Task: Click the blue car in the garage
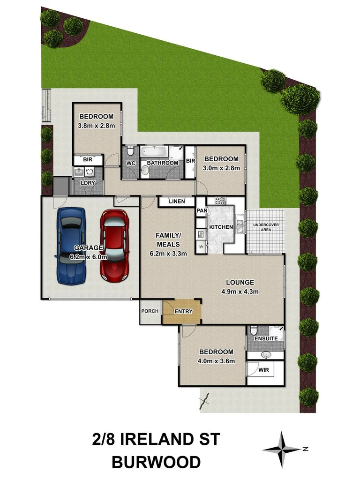pos(71,245)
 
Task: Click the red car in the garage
pos(114,245)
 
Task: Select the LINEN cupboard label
pos(177,202)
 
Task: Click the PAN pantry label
pos(202,211)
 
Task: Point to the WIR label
pos(264,370)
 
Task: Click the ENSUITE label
pos(266,338)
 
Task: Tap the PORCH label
pos(150,312)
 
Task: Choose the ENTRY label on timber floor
pos(183,311)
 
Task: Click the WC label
pos(131,163)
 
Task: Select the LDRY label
pos(89,183)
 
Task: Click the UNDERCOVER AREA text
pos(266,228)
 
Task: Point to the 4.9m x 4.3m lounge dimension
pos(240,292)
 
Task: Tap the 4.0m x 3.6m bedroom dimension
pos(216,361)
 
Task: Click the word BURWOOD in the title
pos(156,462)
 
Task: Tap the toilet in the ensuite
pos(253,329)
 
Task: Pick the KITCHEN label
pos(221,227)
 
